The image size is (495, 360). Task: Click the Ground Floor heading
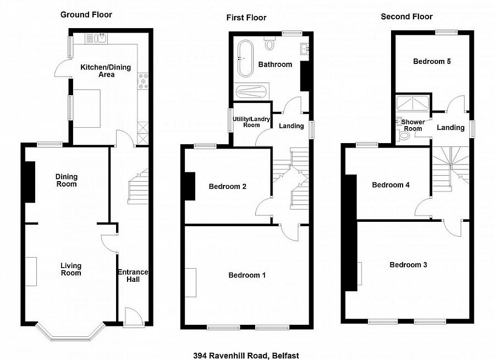point(86,14)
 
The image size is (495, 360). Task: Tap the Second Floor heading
point(406,17)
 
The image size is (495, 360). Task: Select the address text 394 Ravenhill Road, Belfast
point(246,356)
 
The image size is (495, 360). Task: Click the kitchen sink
point(100,38)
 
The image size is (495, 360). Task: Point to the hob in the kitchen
point(144,81)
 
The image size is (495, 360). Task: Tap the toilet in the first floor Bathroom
point(270,43)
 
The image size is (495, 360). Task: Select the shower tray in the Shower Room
point(413,105)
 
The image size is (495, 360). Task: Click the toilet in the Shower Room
point(404,138)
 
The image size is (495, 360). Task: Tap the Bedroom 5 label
point(432,61)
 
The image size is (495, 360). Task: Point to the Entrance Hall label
point(132,276)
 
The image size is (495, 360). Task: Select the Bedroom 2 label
point(227,187)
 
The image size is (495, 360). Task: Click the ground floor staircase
point(138,188)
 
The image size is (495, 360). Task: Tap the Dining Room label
point(66,180)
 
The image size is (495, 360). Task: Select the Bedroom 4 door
point(424,206)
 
